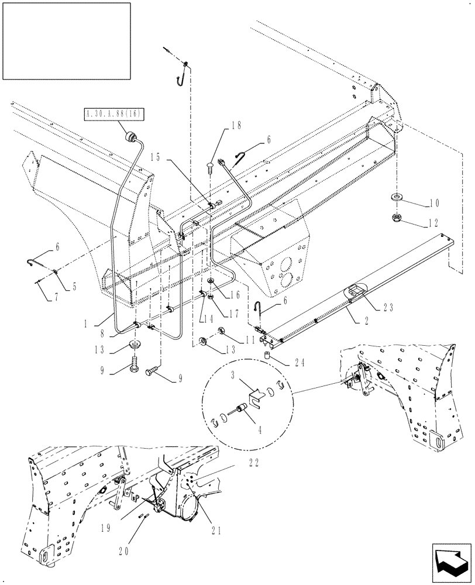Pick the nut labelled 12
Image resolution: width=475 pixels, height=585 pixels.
397,219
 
